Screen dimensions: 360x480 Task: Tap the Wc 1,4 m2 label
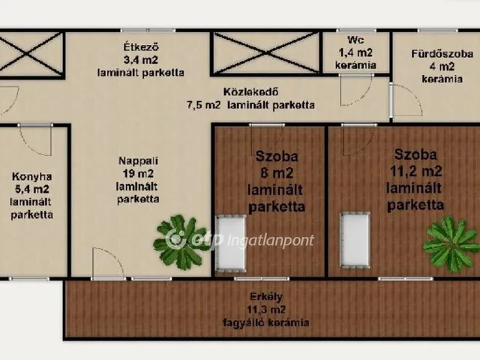355,52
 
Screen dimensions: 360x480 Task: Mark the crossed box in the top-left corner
31,53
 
